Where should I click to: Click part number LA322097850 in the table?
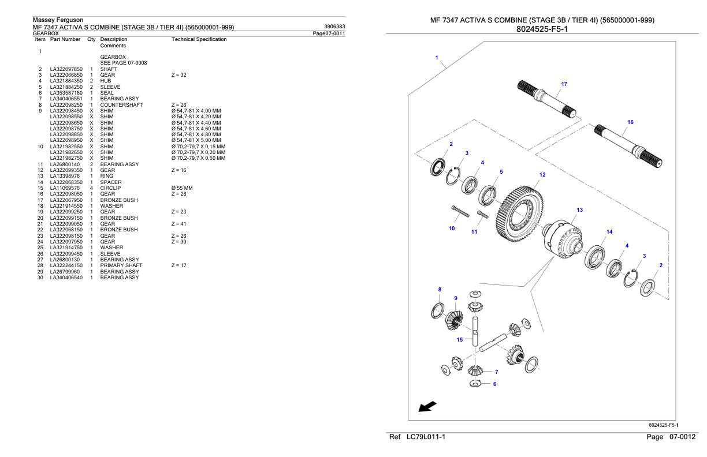66,69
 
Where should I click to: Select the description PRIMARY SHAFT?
121,265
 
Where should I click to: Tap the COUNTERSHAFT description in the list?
121,104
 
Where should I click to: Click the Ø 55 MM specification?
182,188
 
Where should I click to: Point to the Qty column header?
91,39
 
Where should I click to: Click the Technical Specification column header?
199,39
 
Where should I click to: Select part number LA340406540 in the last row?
66,278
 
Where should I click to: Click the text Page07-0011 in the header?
329,33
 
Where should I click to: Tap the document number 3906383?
334,27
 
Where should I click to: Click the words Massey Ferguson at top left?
58,20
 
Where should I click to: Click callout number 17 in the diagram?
564,84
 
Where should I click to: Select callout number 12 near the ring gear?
542,175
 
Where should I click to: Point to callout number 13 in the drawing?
579,210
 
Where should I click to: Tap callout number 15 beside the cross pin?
460,340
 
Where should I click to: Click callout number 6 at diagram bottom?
494,384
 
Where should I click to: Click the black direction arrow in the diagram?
427,406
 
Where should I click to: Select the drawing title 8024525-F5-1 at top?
542,29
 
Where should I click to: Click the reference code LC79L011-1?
426,437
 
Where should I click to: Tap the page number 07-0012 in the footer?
682,437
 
